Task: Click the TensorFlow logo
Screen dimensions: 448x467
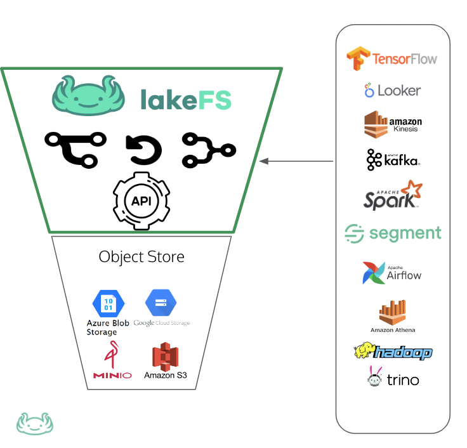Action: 391,58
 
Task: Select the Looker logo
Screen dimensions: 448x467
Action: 392,91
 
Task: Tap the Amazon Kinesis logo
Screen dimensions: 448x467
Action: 392,124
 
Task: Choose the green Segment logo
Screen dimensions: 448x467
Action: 392,233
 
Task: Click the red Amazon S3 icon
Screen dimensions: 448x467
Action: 165,356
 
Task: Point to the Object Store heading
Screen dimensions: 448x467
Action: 141,257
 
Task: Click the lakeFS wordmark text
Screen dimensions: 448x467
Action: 186,100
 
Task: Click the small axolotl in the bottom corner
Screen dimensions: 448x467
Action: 35,423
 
